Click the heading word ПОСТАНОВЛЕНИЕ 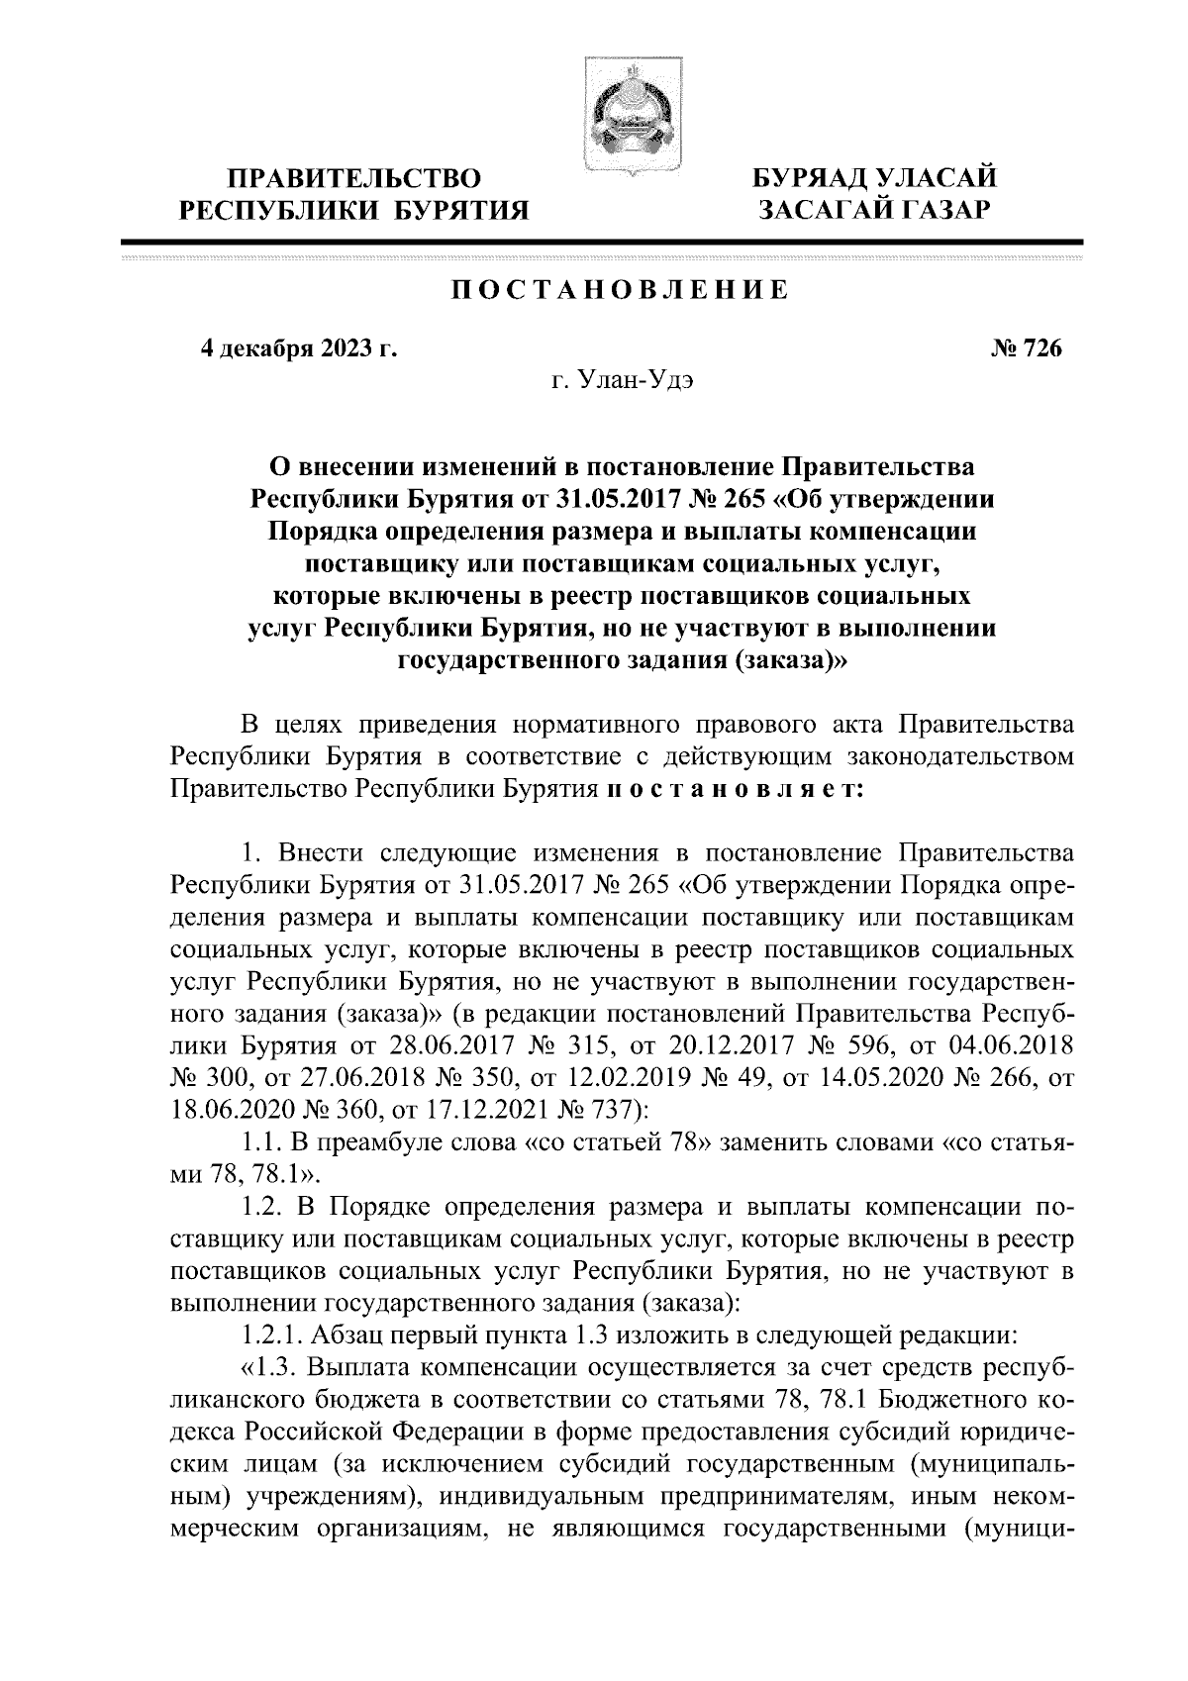pos(621,290)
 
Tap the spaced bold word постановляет pos(735,790)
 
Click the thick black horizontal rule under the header pos(602,243)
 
